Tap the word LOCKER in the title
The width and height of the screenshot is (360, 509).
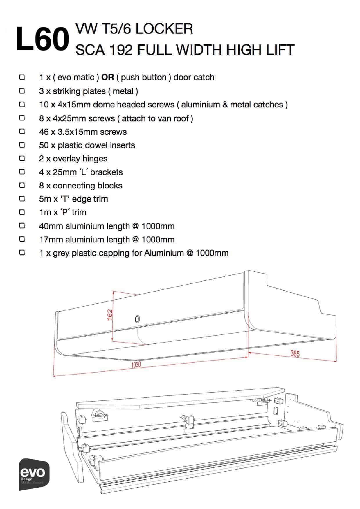point(164,29)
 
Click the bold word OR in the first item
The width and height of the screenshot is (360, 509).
point(107,78)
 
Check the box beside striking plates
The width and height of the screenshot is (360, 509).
point(22,91)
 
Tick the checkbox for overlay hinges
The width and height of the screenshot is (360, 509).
point(22,159)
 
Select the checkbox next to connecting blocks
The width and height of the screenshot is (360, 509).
point(22,185)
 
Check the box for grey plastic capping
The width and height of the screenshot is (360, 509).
point(22,253)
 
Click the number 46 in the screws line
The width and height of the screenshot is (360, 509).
point(44,132)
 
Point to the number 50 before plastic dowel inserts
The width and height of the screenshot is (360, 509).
point(44,145)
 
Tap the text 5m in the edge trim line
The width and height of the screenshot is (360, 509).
point(44,199)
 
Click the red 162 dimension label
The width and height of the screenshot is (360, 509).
point(110,315)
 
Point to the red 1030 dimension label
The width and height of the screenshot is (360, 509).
point(136,364)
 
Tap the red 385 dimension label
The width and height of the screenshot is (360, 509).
point(295,354)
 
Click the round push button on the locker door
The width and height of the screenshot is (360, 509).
point(137,319)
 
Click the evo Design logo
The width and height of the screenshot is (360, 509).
point(34,474)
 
